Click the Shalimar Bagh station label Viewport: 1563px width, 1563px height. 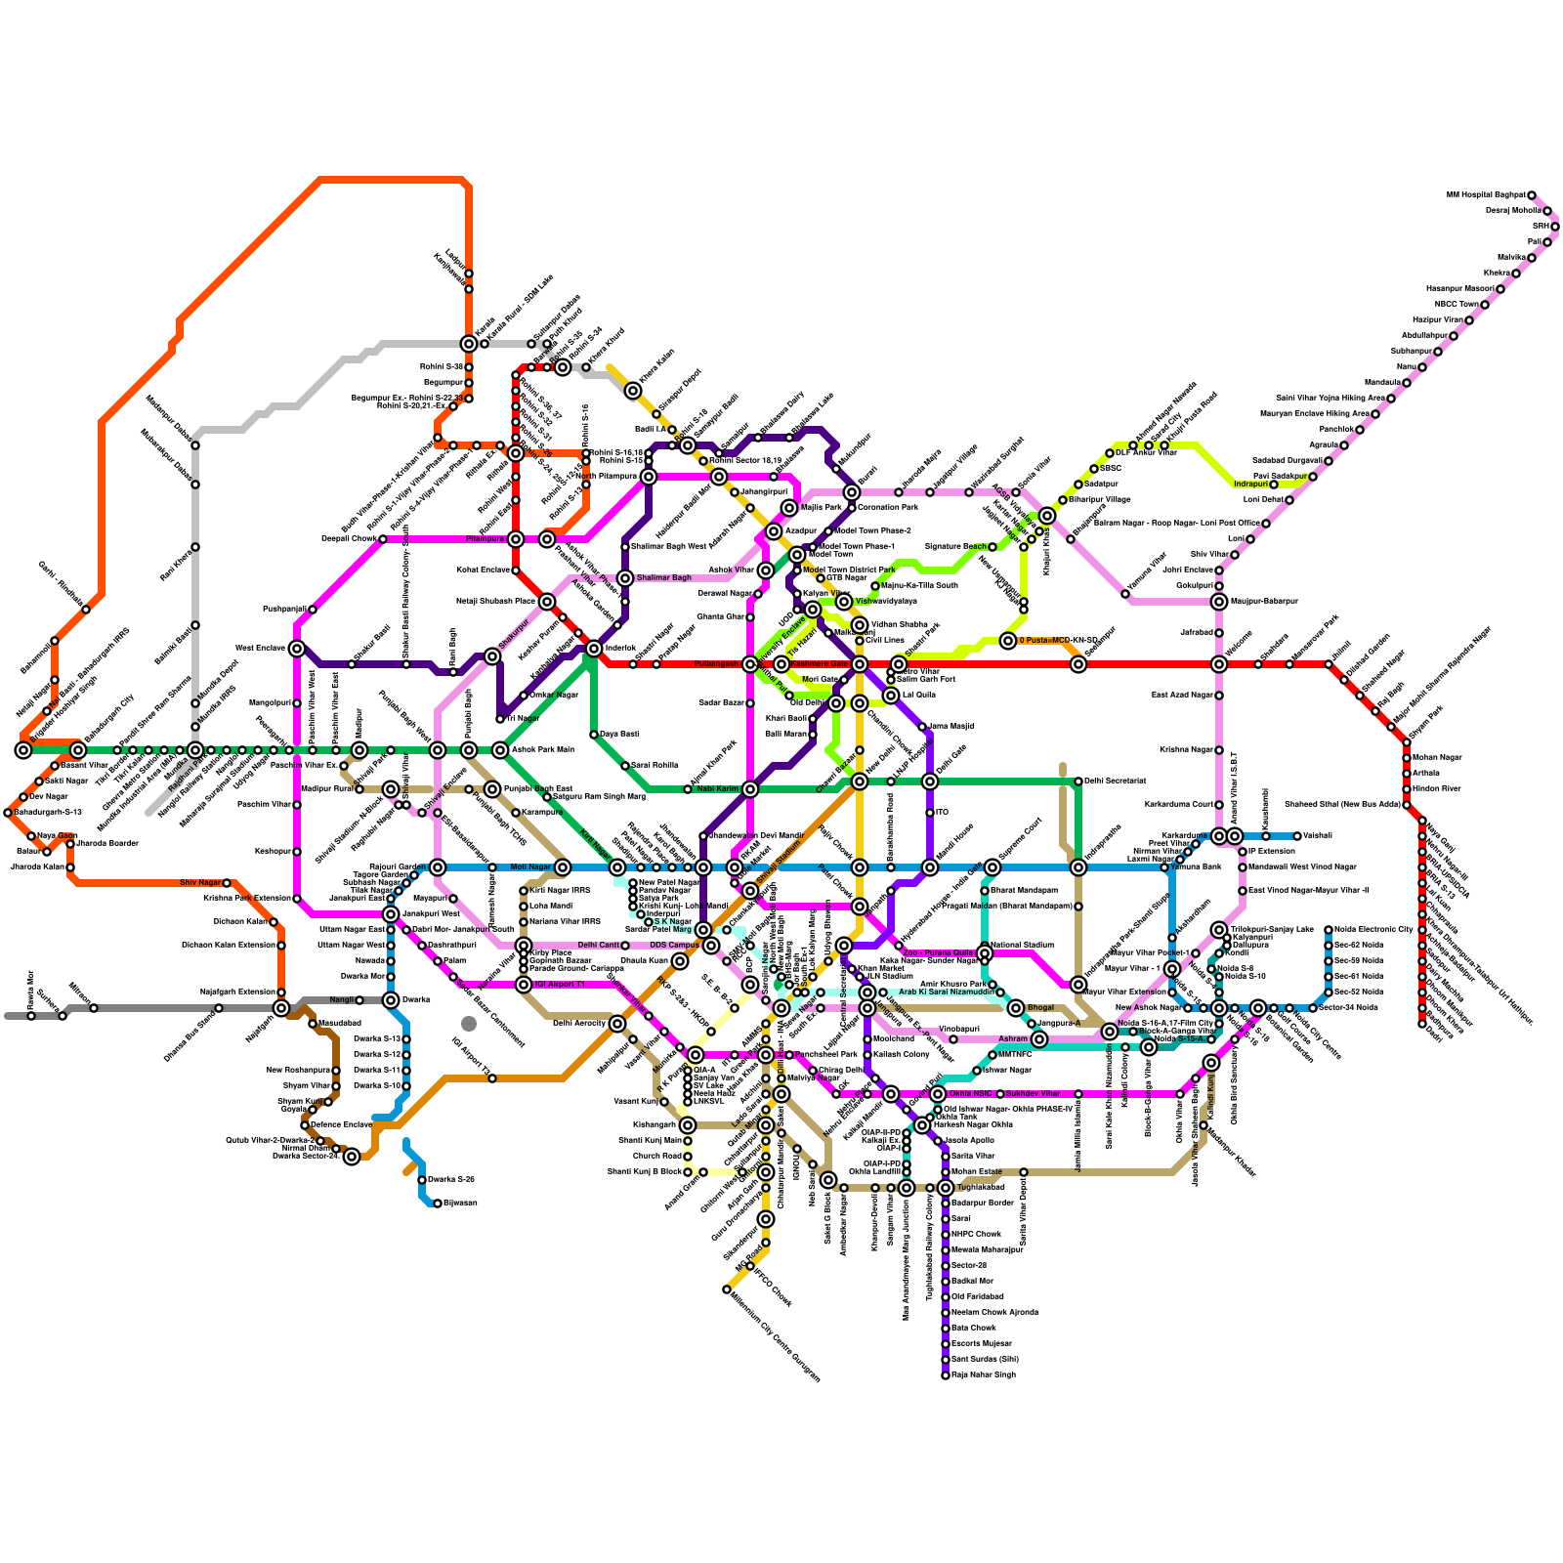point(664,578)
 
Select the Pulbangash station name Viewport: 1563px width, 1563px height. point(716,664)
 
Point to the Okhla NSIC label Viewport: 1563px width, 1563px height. point(970,1094)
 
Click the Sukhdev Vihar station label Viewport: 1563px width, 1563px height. point(1033,1094)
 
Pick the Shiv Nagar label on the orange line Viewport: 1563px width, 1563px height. point(201,883)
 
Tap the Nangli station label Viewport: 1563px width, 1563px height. point(341,1000)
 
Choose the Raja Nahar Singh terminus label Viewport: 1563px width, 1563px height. point(984,1375)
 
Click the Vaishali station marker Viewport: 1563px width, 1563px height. point(1297,836)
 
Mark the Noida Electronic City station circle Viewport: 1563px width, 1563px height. point(1329,930)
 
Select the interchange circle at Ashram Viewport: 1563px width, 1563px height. point(1039,1039)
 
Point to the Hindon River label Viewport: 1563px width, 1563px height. point(1437,789)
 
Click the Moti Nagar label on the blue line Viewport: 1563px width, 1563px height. point(530,867)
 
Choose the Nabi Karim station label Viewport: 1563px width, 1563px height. point(717,789)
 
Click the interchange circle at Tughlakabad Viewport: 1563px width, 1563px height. point(946,1188)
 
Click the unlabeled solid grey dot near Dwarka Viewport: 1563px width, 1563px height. point(469,1024)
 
